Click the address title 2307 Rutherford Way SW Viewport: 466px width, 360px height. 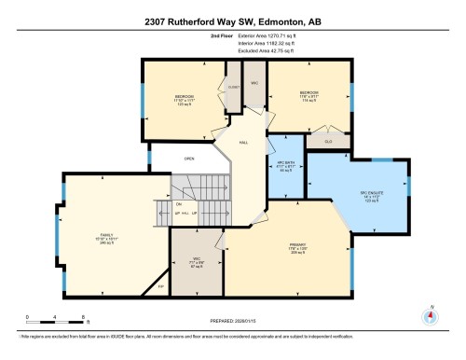click(x=232, y=18)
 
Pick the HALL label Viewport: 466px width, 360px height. click(x=244, y=143)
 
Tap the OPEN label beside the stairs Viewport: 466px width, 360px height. click(x=189, y=159)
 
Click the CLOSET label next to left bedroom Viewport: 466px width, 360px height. click(x=234, y=85)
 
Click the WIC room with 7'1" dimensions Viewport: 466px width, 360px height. click(x=197, y=259)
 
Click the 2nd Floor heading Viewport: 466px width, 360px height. click(x=197, y=36)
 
